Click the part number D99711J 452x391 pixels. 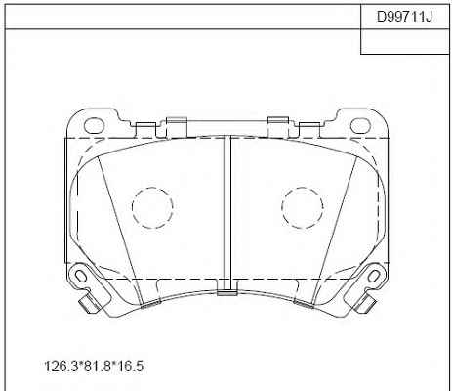click(x=404, y=17)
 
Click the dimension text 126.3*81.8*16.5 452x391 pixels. click(x=94, y=367)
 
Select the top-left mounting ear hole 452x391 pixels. click(x=94, y=126)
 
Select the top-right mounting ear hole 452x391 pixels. click(x=360, y=126)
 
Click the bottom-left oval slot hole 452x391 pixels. click(x=80, y=277)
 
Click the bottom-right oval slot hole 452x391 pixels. click(x=374, y=277)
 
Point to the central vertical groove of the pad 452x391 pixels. click(x=227, y=213)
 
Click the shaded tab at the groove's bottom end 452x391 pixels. click(x=227, y=293)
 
